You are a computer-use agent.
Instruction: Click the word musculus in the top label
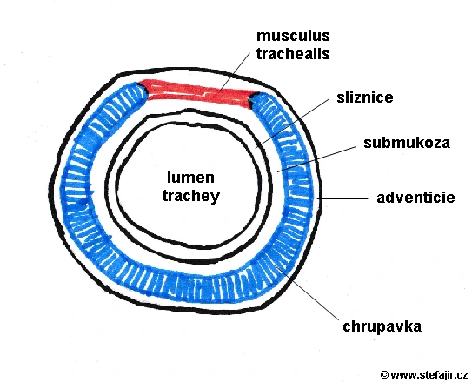pos(293,36)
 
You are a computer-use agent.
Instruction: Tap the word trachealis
pos(293,54)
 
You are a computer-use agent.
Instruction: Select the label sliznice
pos(364,97)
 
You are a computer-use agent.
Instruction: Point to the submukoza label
pos(407,143)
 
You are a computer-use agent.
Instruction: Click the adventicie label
pos(415,198)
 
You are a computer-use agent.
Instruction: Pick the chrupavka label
pos(382,326)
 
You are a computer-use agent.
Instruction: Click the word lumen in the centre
pos(190,178)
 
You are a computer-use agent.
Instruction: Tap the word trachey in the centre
pos(191,196)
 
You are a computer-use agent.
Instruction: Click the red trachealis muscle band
pos(199,93)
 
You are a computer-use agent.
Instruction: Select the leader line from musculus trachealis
pos(235,71)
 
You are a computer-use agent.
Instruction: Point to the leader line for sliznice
pos(293,123)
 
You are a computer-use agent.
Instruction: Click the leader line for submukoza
pos(316,159)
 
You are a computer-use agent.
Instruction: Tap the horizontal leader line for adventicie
pos(343,198)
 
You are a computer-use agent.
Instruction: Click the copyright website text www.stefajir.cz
pos(429,375)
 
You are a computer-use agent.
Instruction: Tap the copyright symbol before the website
pos(384,375)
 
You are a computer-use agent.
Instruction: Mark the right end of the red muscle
pos(255,99)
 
